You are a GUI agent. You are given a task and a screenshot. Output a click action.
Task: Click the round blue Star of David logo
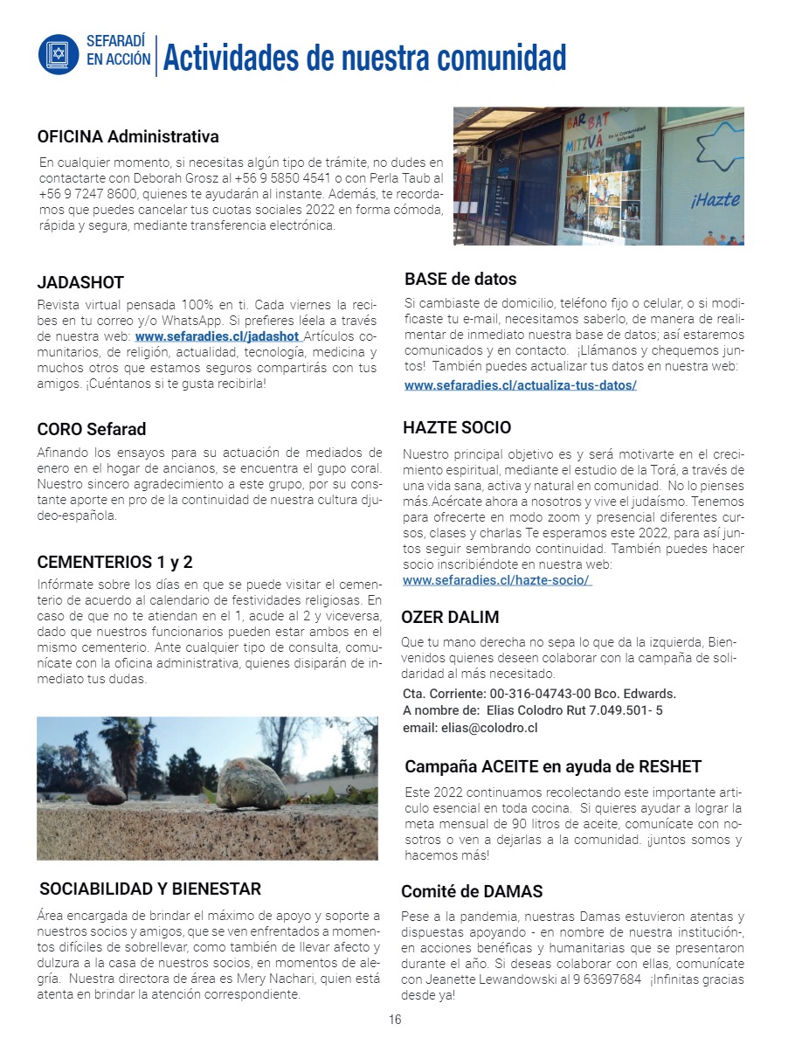coord(59,54)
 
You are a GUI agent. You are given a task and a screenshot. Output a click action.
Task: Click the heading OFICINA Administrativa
coord(128,137)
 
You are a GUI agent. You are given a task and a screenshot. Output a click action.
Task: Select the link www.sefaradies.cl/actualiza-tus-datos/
coord(520,384)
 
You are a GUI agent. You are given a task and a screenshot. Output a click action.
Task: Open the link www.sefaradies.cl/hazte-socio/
coord(496,580)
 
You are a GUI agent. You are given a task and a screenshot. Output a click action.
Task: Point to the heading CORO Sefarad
coord(92,429)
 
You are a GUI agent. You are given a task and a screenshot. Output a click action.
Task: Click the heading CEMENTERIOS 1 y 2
coord(114,562)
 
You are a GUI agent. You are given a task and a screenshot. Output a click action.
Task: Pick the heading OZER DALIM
coord(450,617)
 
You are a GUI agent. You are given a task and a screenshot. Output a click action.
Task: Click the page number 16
coord(395,1020)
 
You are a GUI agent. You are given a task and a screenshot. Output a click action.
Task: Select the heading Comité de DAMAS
coord(472,891)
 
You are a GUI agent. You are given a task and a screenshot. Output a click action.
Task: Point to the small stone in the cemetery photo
coord(107,793)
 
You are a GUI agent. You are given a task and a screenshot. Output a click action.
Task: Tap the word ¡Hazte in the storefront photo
coord(715,200)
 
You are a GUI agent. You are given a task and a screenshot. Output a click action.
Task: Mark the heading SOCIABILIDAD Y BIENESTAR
coord(150,889)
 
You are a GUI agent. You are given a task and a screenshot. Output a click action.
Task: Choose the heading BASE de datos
coord(460,280)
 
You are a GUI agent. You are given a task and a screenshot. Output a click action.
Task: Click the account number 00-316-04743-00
coord(543,694)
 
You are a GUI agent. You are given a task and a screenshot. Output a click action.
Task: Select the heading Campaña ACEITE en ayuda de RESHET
coord(553,766)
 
